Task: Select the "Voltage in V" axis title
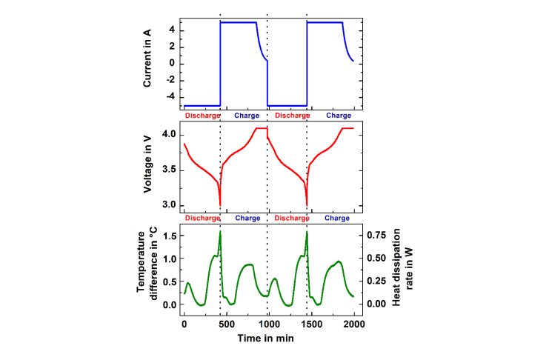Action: [x=149, y=170]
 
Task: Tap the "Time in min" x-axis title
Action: [x=268, y=338]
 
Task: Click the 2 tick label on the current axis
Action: [x=171, y=46]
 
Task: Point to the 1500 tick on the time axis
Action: [x=311, y=324]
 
